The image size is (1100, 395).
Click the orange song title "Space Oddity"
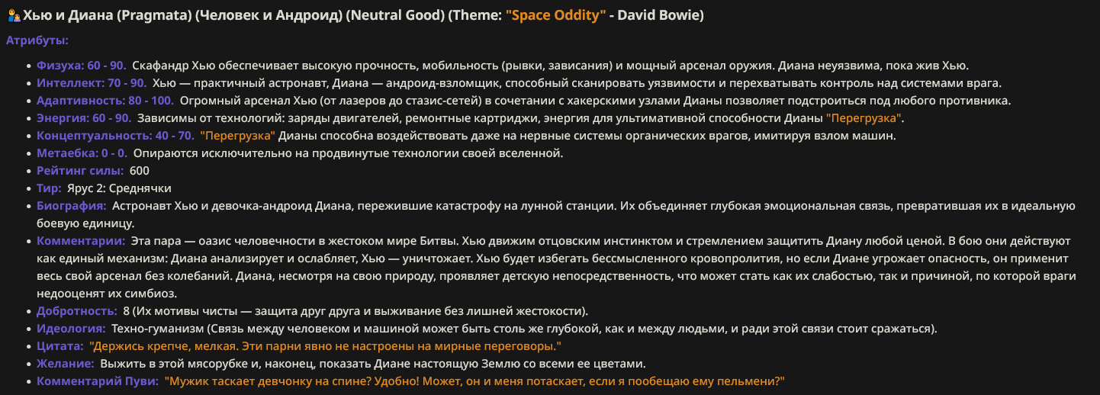[556, 15]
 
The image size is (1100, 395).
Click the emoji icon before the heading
[14, 16]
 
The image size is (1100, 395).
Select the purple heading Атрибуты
[37, 40]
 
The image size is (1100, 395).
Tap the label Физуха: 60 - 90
[82, 66]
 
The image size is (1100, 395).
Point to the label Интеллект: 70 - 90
[92, 83]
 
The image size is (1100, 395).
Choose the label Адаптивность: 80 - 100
[105, 101]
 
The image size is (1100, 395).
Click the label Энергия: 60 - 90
[84, 118]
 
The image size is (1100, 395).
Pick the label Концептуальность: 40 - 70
[115, 136]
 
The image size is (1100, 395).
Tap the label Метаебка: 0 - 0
[82, 153]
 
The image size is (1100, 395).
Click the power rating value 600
[140, 171]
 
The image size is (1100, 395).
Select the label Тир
[49, 188]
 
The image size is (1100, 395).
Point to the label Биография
[72, 206]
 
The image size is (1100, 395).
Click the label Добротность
[77, 311]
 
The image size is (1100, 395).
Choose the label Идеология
[71, 329]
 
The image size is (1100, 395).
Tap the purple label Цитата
[60, 346]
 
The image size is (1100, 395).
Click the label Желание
[66, 364]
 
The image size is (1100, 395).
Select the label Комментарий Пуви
[98, 381]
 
